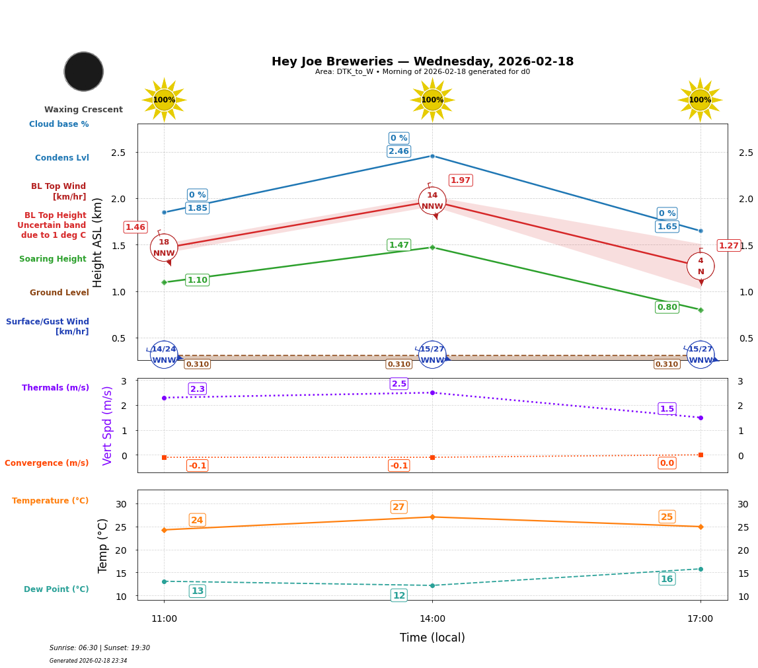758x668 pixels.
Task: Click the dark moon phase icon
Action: click(84, 71)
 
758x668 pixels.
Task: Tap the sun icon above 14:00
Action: click(432, 100)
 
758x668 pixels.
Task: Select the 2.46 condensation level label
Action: click(398, 151)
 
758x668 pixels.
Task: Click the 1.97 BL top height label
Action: click(461, 180)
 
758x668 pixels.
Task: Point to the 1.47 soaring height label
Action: click(398, 245)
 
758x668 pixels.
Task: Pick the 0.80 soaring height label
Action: click(667, 307)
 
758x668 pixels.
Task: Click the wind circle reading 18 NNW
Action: click(164, 248)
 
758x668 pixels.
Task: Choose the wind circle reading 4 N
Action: click(701, 266)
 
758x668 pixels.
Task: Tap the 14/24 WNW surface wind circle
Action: click(164, 355)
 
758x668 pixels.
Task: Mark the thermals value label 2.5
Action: click(398, 384)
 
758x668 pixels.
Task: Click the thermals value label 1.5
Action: click(667, 409)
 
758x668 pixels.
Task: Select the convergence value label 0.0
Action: click(667, 463)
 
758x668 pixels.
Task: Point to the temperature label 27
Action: click(398, 507)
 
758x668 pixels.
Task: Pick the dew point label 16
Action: click(667, 579)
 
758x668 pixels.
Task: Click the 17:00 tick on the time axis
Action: click(701, 619)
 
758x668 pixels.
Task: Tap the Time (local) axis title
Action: click(432, 638)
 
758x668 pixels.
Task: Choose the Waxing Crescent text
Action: click(83, 110)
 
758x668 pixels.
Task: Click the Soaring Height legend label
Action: click(53, 259)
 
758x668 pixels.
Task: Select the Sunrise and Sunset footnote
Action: click(100, 648)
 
